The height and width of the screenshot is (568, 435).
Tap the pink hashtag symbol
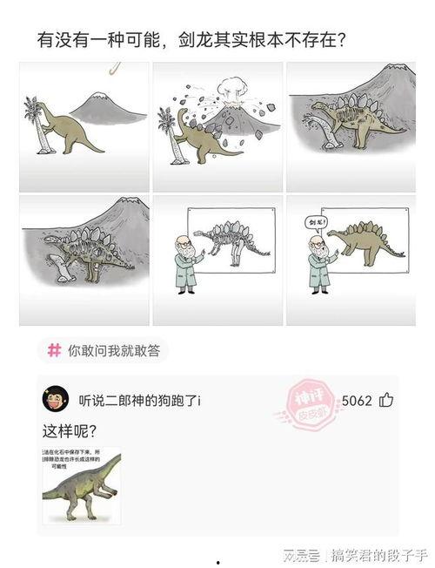(x=54, y=350)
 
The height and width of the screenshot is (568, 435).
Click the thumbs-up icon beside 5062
(x=386, y=401)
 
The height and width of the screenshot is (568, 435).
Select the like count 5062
(x=357, y=401)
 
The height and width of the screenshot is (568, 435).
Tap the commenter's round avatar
(x=55, y=400)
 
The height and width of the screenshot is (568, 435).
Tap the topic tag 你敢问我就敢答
(x=111, y=350)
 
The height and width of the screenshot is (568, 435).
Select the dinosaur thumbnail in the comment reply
(x=82, y=486)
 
